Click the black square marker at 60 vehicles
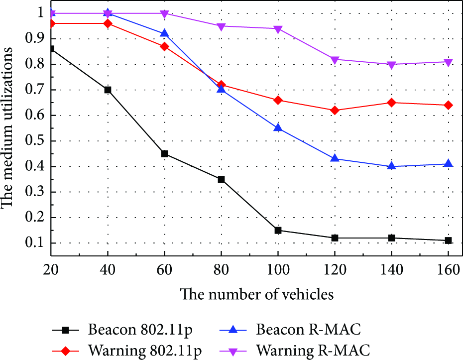click(164, 153)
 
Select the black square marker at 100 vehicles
click(278, 231)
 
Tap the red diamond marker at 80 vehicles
click(221, 85)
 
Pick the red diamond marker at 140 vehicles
click(391, 103)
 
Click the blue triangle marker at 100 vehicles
click(278, 127)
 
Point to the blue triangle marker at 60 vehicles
click(164, 33)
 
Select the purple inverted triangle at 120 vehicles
click(335, 60)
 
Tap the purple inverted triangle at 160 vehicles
click(448, 62)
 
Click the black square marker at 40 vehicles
click(108, 90)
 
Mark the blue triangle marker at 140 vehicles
click(391, 166)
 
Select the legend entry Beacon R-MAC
click(290, 329)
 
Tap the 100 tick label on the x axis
click(278, 270)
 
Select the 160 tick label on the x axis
click(448, 270)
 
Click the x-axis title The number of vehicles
click(257, 294)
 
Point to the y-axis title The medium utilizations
click(7, 127)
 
